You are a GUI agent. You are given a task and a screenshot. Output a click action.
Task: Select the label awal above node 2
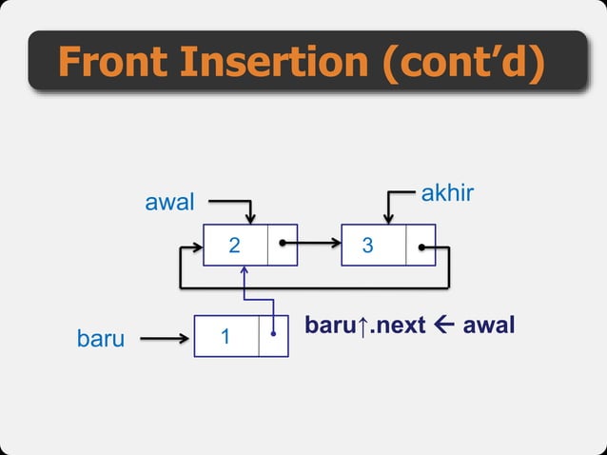168,202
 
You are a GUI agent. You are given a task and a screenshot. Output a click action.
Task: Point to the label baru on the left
100,338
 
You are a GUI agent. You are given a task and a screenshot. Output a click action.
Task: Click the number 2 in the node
235,246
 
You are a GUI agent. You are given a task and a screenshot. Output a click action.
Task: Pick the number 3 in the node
368,246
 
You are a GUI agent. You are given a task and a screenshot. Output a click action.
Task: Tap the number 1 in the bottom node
225,337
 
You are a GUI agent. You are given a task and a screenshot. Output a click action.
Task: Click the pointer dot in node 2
283,245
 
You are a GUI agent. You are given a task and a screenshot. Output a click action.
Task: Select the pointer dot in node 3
421,246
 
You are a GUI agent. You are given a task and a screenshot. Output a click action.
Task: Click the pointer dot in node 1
274,334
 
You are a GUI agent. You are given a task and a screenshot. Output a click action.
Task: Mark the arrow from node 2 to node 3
314,245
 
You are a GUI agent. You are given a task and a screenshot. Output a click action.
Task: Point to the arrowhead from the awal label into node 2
250,219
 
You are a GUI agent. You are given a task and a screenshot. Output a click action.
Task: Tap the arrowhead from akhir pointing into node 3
388,219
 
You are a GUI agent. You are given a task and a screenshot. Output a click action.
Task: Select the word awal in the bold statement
489,326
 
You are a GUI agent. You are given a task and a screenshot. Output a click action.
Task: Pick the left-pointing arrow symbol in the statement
443,326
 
